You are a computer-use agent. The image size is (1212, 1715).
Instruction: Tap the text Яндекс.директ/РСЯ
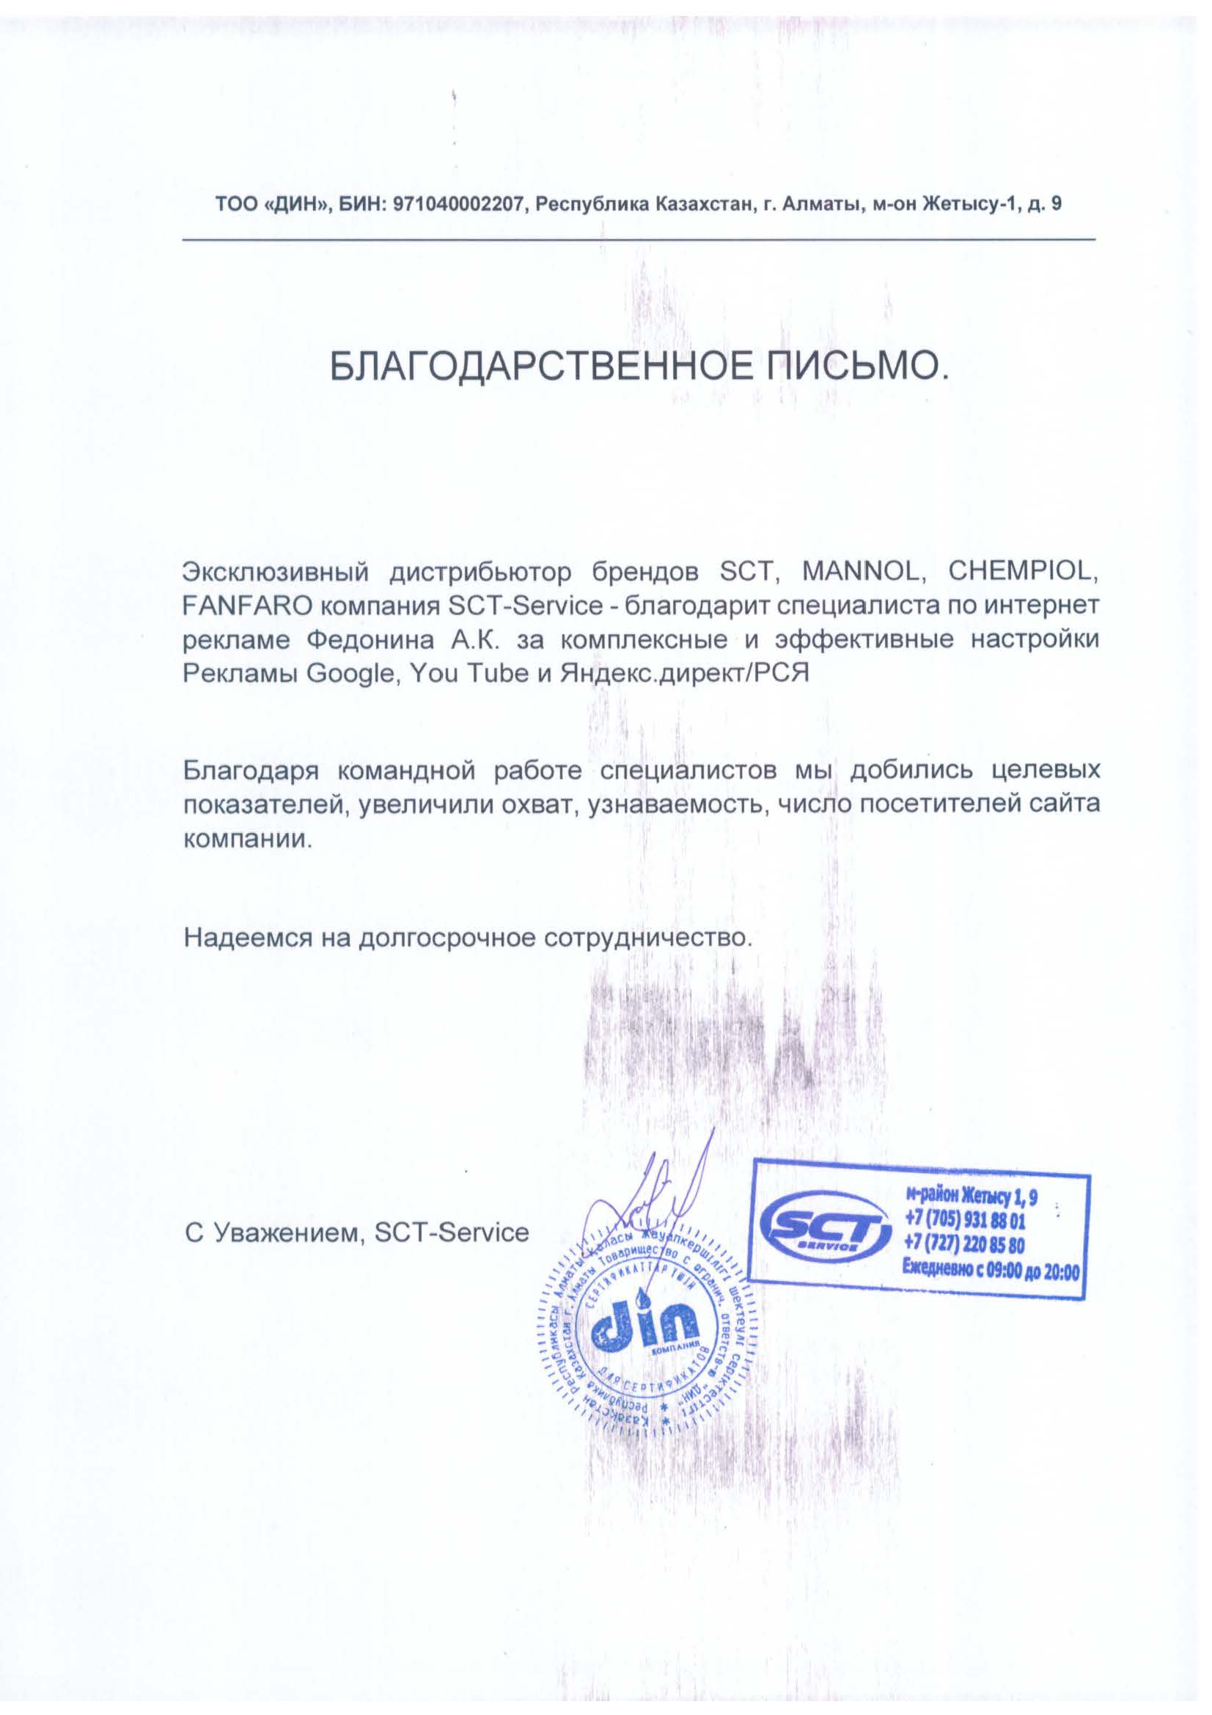[685, 673]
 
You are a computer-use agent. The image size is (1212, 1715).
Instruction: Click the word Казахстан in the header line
[702, 204]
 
